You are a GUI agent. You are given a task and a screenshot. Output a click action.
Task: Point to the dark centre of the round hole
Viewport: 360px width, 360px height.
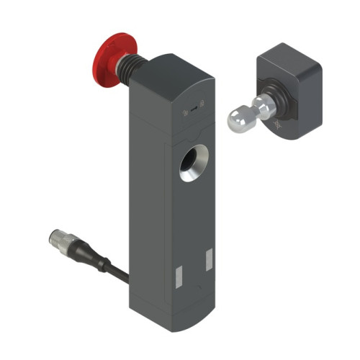tap(192, 163)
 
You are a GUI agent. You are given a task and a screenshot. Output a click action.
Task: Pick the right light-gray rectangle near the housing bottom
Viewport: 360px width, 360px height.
tap(208, 258)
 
